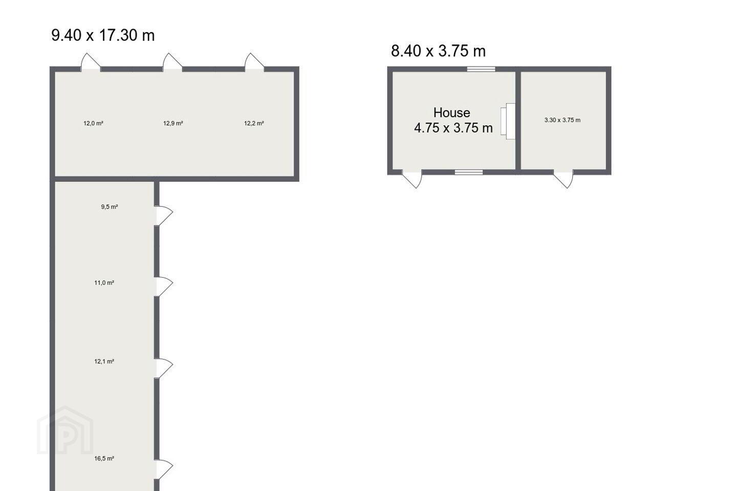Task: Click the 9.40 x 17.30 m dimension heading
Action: point(103,35)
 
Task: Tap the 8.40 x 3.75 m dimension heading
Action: point(438,51)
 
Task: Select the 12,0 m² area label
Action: point(94,123)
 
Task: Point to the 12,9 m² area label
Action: point(173,123)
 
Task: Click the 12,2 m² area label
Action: point(254,123)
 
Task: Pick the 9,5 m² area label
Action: point(110,207)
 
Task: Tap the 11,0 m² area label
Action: point(104,282)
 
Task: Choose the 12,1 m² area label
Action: point(104,362)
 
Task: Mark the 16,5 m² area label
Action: point(104,458)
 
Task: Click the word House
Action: point(452,113)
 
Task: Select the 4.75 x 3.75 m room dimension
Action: point(453,128)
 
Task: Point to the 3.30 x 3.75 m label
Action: point(562,120)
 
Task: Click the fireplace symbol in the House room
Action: point(508,121)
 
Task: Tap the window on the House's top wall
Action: point(481,69)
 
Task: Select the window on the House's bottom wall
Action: point(469,172)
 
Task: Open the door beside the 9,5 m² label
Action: point(164,216)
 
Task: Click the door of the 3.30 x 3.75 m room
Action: point(563,179)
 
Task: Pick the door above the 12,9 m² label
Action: point(172,62)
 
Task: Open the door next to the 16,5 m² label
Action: point(164,470)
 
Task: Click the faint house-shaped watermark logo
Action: point(65,431)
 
